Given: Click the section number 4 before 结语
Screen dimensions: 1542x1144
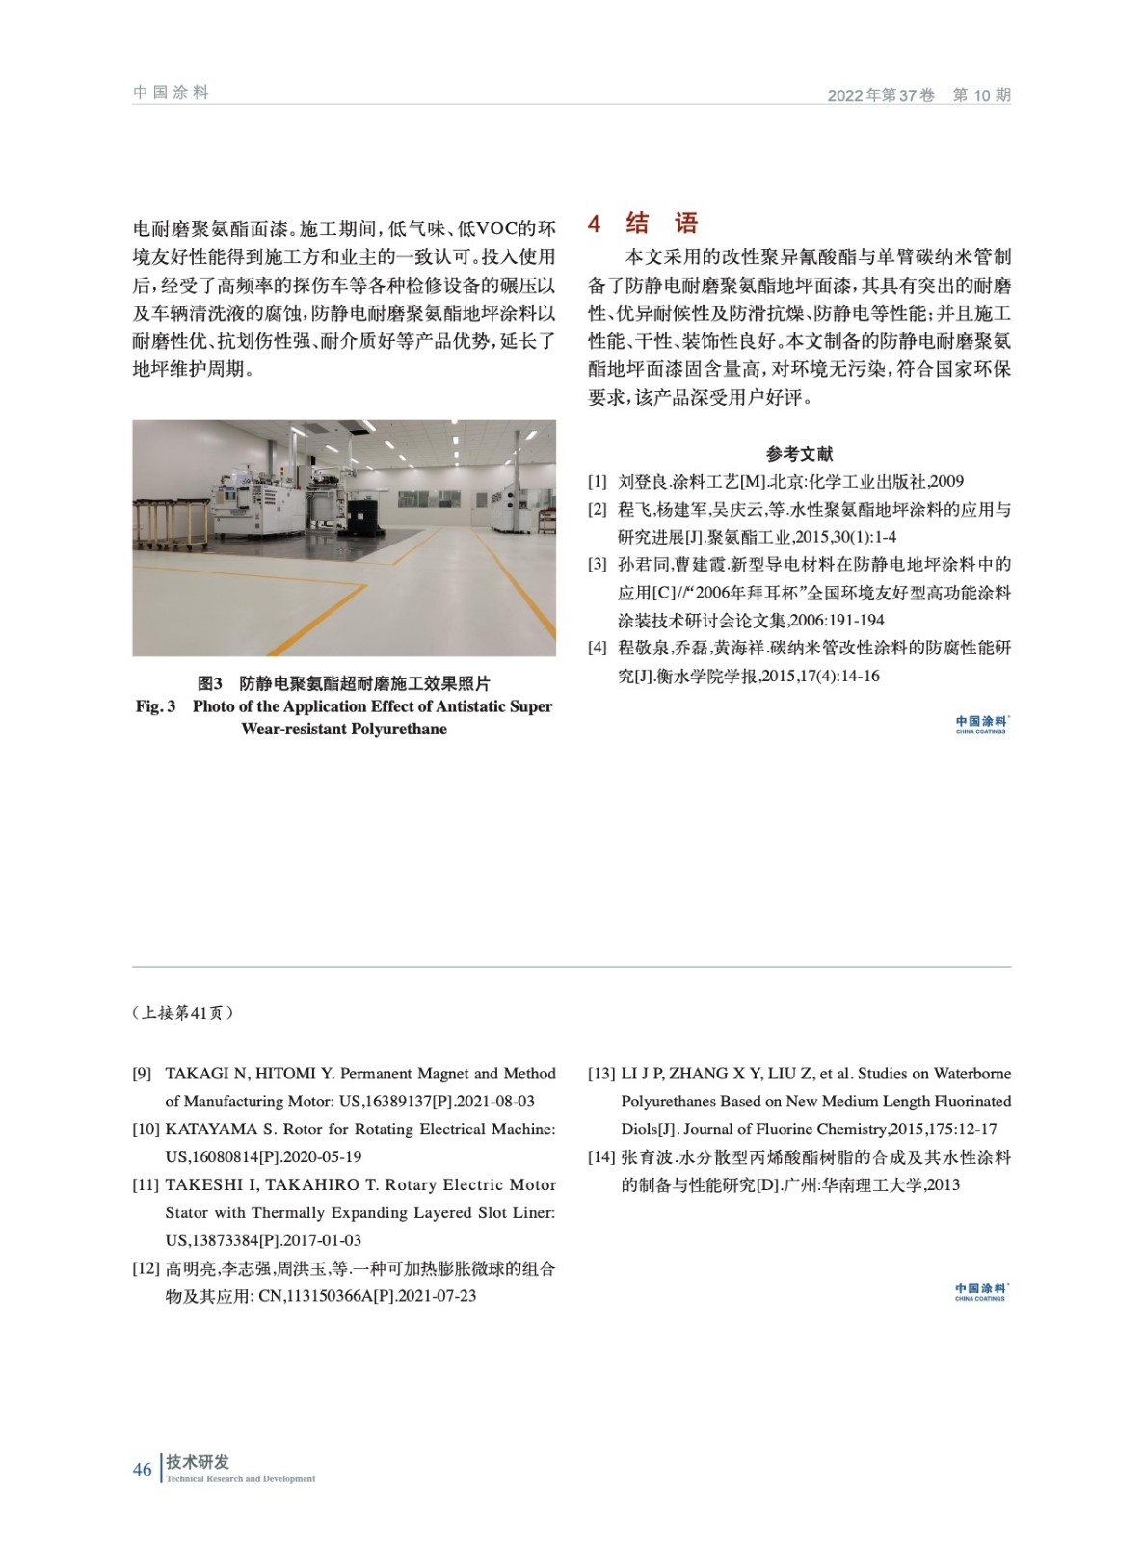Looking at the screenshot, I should point(595,225).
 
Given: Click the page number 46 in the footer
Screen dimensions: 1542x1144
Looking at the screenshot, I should point(143,1469).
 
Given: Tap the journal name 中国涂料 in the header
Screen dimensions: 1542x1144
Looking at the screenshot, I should point(171,93).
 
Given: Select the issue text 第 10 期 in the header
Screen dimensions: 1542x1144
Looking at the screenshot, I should point(981,94).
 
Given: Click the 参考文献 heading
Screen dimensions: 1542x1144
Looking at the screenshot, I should point(799,453).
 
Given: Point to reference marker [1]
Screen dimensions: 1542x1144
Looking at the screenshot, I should point(598,481).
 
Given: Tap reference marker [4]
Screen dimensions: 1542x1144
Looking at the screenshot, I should point(598,648).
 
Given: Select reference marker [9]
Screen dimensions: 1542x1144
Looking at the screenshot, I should point(142,1074).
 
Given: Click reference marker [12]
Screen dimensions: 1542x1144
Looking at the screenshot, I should point(146,1268).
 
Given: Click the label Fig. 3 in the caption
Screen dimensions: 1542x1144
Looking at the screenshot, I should point(155,706).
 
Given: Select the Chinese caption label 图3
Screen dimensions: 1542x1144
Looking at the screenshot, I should point(210,683).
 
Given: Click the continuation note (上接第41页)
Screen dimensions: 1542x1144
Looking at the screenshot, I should point(183,1013).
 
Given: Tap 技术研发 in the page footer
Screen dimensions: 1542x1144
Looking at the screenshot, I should point(198,1462).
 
